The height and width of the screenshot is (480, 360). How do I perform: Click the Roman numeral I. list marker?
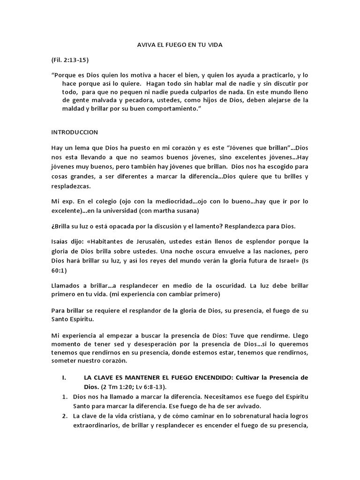pos(65,377)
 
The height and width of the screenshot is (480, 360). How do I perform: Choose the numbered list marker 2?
pos(65,416)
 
